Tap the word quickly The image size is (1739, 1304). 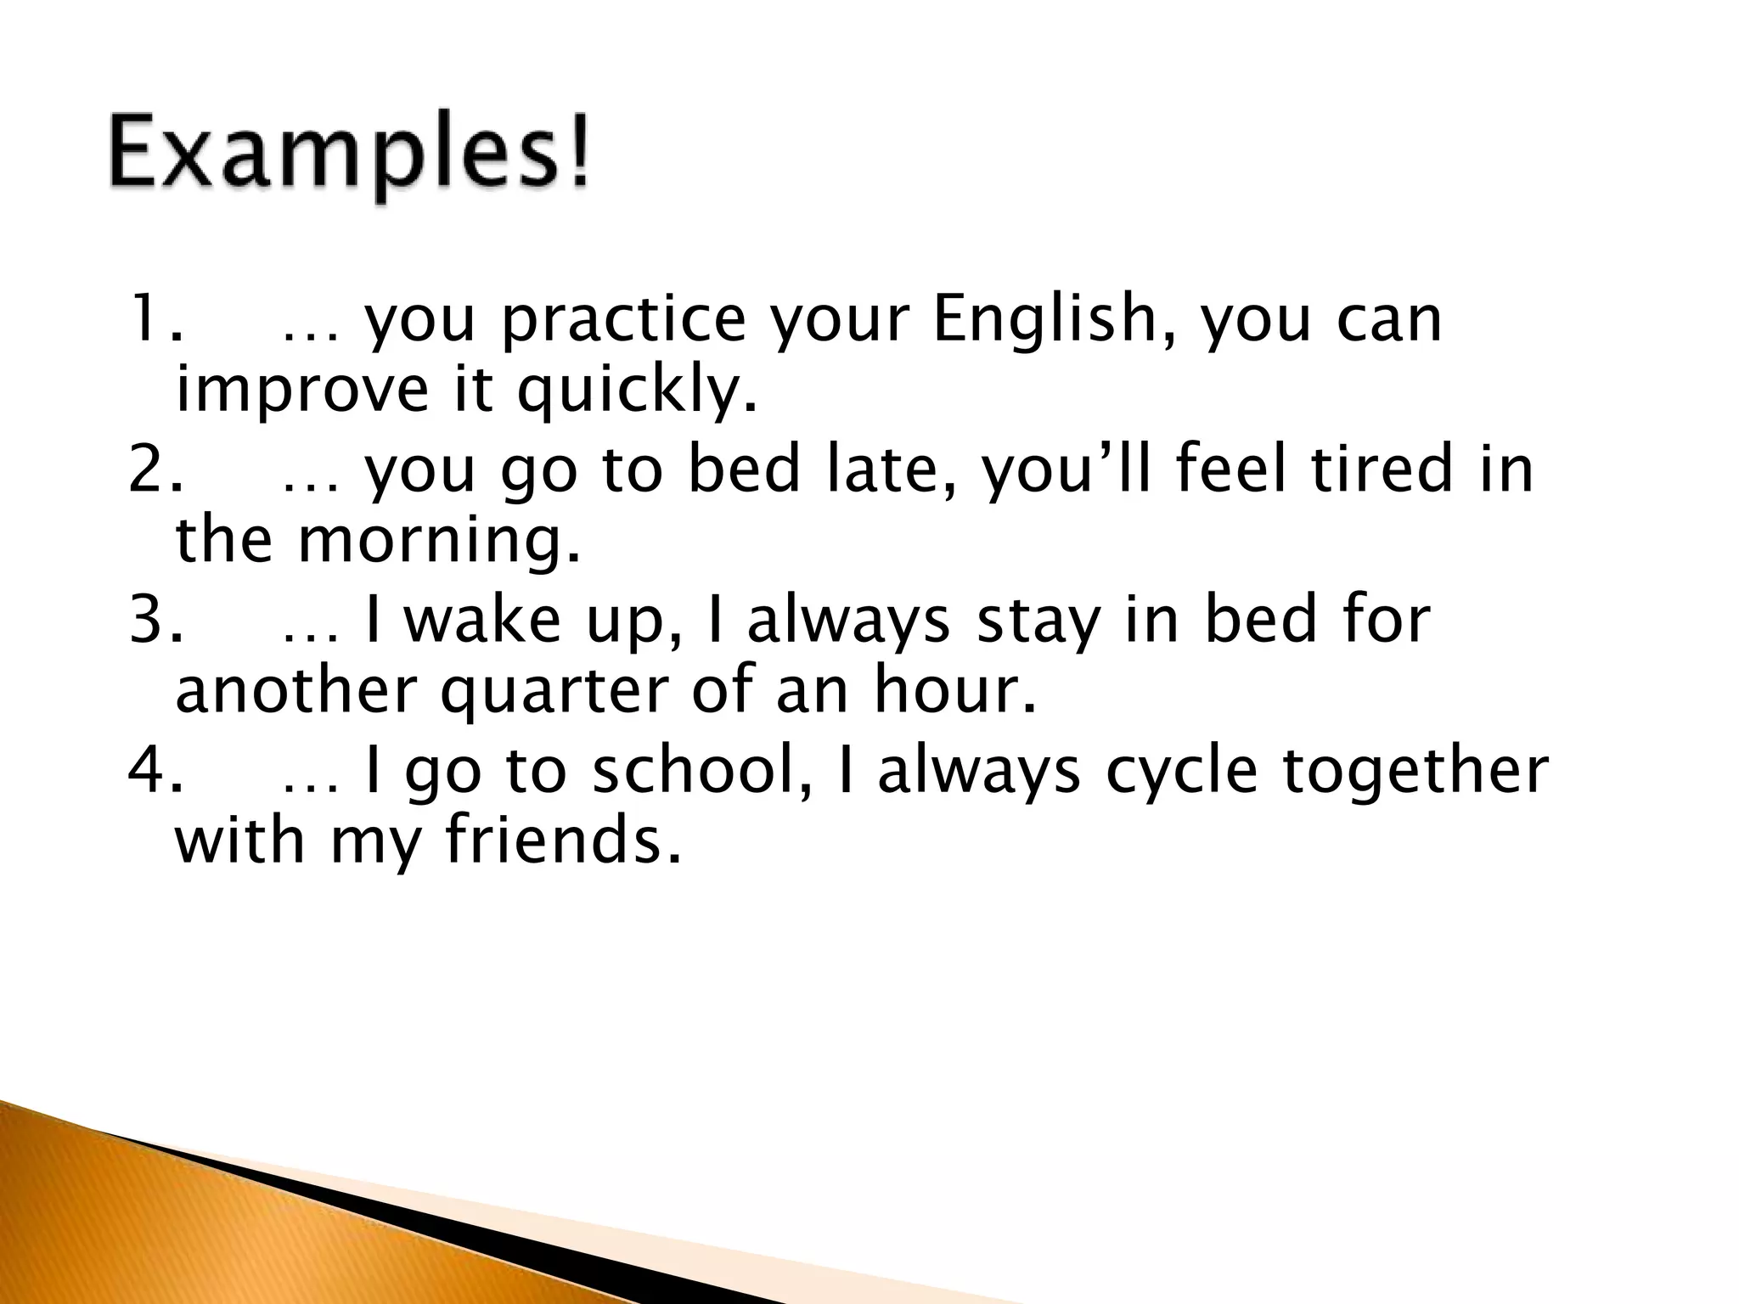tap(636, 392)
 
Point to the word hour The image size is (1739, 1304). tap(955, 691)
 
